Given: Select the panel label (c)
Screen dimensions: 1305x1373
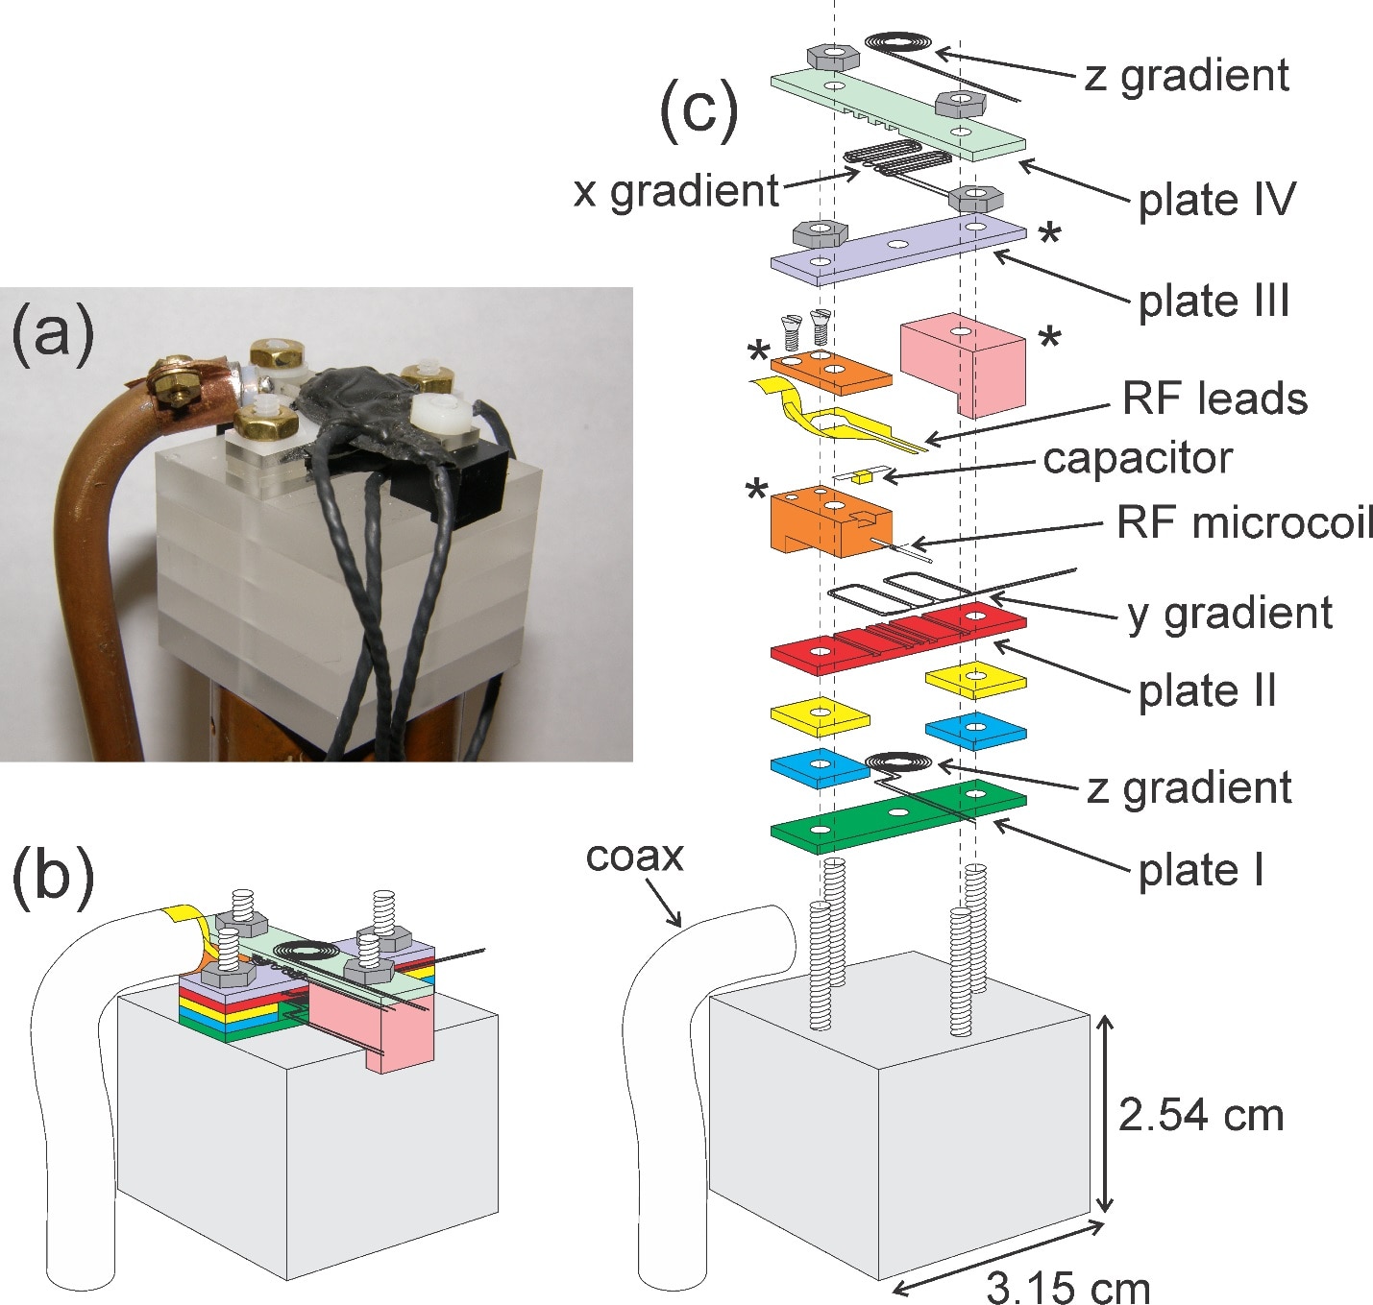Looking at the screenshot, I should point(699,108).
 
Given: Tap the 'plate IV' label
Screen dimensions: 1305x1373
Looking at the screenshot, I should point(1216,200).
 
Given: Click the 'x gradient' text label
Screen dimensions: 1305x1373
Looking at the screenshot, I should point(675,191).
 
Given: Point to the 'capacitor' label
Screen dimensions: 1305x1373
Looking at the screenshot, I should point(1137,458).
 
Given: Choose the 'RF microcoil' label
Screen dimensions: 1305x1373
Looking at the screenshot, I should point(1244,523).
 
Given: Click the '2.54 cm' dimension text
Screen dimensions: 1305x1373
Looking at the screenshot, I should point(1201,1115).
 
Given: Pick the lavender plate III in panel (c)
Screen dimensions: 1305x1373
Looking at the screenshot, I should point(897,248).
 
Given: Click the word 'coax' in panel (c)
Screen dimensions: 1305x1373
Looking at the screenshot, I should point(634,856).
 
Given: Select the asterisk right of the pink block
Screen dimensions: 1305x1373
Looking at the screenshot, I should point(1050,338).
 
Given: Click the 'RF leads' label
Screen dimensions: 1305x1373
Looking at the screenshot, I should point(1214,399).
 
